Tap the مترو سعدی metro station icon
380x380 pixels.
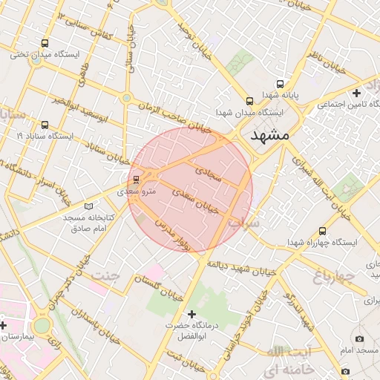(135, 179)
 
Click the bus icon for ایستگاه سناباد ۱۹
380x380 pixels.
(45, 125)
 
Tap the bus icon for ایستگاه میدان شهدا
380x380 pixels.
(249, 100)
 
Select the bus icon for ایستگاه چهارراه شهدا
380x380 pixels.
(322, 231)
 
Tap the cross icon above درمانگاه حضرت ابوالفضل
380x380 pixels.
(192, 314)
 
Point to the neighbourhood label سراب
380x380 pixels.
(242, 221)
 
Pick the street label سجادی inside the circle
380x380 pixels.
(208, 174)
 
